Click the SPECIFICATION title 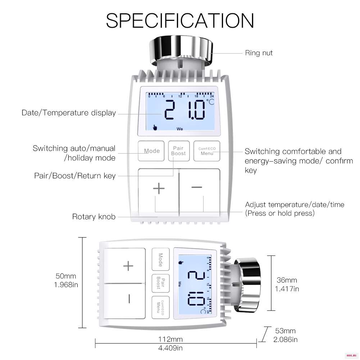tap(180, 20)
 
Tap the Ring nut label tap(259, 53)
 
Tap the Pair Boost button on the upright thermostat tap(179, 151)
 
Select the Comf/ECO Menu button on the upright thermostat tap(207, 151)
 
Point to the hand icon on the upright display tap(155, 127)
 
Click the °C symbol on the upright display tap(210, 102)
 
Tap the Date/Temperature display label tap(69, 113)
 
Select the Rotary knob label tap(94, 217)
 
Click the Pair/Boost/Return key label tap(74, 176)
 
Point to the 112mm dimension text tap(170, 339)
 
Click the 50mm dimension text tap(66, 276)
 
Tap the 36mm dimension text tap(287, 280)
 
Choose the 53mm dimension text tap(286, 331)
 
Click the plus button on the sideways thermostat tap(125, 266)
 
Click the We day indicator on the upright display tap(180, 129)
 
